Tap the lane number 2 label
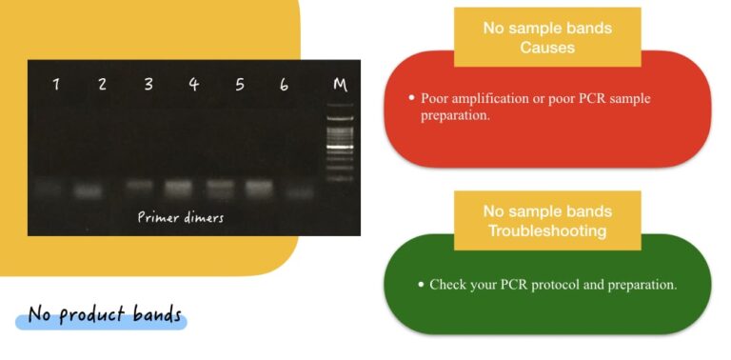click(x=102, y=84)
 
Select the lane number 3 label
click(x=148, y=84)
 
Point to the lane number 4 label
click(x=194, y=84)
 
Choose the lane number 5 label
click(x=240, y=84)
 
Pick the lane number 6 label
click(x=285, y=84)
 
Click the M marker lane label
click(x=339, y=84)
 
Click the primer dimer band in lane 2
click(x=89, y=190)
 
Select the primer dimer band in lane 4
click(x=178, y=187)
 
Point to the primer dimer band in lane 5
click(x=219, y=187)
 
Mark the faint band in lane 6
click(x=300, y=191)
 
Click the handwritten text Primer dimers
click(x=181, y=217)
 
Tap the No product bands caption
click(x=104, y=315)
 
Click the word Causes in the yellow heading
click(x=546, y=48)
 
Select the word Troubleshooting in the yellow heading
click(x=546, y=231)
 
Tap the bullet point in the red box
click(x=411, y=98)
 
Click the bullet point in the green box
click(x=420, y=284)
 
